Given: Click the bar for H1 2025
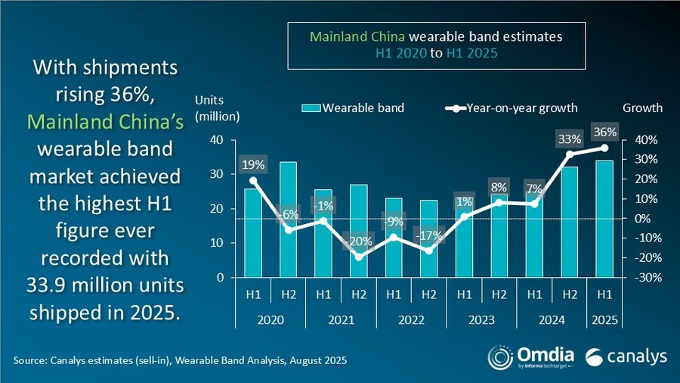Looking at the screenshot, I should [x=604, y=219].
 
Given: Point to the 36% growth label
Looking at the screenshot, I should [x=604, y=132].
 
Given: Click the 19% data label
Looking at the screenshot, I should [x=252, y=163].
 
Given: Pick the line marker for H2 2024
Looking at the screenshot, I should [x=569, y=154].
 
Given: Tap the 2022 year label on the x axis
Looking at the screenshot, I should [x=410, y=320].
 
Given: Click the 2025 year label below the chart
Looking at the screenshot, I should [x=604, y=320].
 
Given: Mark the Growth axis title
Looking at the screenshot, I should [x=641, y=107].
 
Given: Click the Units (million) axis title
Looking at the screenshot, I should [x=217, y=108].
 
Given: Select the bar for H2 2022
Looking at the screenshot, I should [x=428, y=238].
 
